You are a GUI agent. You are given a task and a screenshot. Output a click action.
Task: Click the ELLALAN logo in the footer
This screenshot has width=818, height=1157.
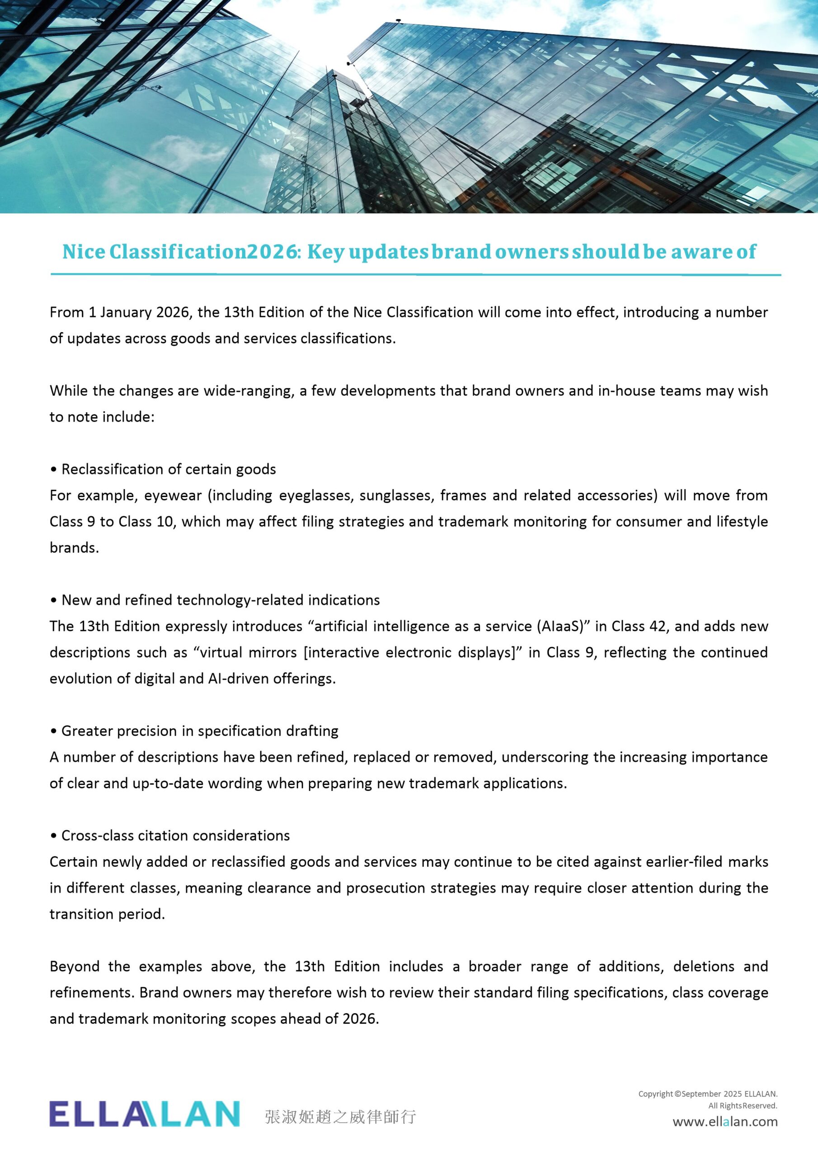(x=144, y=1114)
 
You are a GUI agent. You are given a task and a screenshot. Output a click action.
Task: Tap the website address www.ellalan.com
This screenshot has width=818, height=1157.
(x=725, y=1122)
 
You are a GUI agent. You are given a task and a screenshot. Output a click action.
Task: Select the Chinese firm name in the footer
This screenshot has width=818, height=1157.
(x=340, y=1117)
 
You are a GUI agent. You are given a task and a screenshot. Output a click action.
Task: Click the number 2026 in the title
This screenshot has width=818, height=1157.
(x=271, y=251)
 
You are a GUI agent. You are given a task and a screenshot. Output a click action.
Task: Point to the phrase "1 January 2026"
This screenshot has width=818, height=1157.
(x=139, y=312)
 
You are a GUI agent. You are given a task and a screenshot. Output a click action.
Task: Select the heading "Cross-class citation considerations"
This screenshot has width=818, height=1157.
(x=175, y=836)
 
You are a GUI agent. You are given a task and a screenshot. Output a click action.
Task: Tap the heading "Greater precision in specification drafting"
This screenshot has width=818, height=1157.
(x=200, y=731)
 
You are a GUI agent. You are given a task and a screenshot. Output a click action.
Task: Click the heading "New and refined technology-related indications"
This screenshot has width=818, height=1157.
(x=220, y=600)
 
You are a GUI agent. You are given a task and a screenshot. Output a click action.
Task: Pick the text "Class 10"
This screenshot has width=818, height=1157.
(x=146, y=522)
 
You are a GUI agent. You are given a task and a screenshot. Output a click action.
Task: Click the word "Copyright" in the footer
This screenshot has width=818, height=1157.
(x=656, y=1094)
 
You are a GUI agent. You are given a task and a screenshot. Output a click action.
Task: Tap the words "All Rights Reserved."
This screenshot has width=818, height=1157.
(x=743, y=1105)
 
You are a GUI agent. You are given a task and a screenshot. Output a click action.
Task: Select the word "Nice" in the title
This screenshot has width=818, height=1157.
(x=83, y=251)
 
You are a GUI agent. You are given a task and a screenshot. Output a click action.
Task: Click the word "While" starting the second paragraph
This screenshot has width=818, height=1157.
(x=69, y=390)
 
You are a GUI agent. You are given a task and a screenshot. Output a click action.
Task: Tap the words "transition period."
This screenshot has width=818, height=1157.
(x=108, y=914)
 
